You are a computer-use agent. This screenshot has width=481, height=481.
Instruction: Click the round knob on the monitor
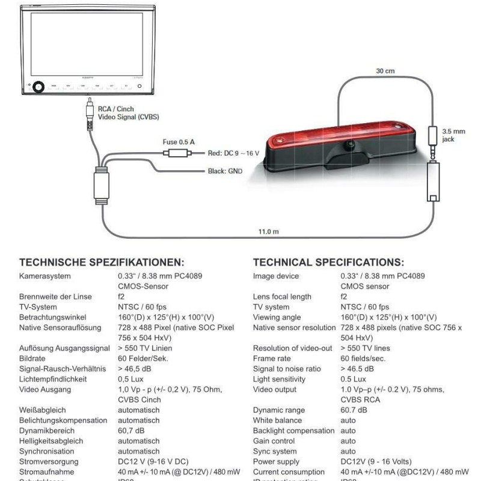pyautogui.click(x=39, y=87)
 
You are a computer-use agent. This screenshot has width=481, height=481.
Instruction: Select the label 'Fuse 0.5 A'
pyautogui.click(x=179, y=142)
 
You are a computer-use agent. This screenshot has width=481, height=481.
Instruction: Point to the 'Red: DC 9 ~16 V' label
pyautogui.click(x=234, y=153)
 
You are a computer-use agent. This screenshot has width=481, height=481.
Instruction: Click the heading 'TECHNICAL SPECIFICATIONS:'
pyautogui.click(x=328, y=262)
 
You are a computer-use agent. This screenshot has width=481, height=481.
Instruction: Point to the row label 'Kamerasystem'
pyautogui.click(x=44, y=277)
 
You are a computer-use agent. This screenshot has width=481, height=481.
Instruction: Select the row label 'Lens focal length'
pyautogui.click(x=283, y=296)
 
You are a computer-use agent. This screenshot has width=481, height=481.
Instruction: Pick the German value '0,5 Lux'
pyautogui.click(x=131, y=379)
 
